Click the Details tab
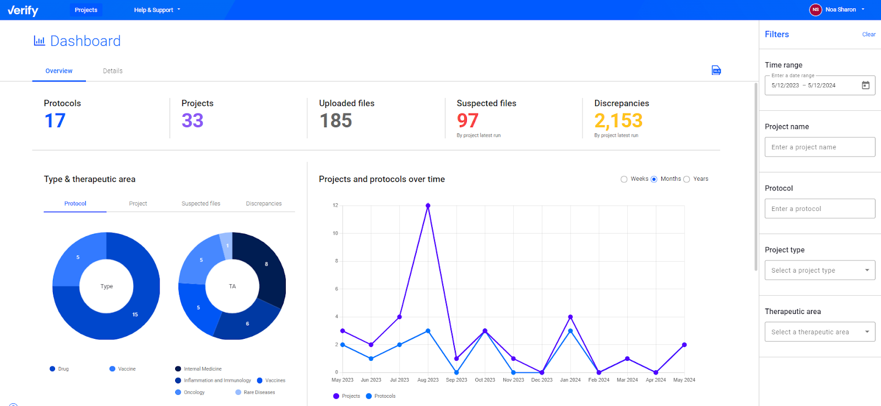click(x=112, y=71)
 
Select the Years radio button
click(x=687, y=179)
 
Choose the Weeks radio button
click(x=624, y=179)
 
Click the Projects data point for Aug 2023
click(x=428, y=205)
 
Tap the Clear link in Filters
click(x=868, y=34)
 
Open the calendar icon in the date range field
click(x=866, y=85)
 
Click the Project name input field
click(x=819, y=147)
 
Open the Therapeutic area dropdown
click(x=819, y=332)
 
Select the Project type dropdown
click(x=819, y=270)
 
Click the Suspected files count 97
click(x=467, y=121)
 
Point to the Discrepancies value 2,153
click(x=618, y=121)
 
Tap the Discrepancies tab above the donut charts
click(x=264, y=204)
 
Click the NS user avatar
click(x=815, y=9)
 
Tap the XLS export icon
click(x=716, y=71)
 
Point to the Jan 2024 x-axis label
click(x=570, y=380)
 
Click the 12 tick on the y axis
click(x=335, y=205)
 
